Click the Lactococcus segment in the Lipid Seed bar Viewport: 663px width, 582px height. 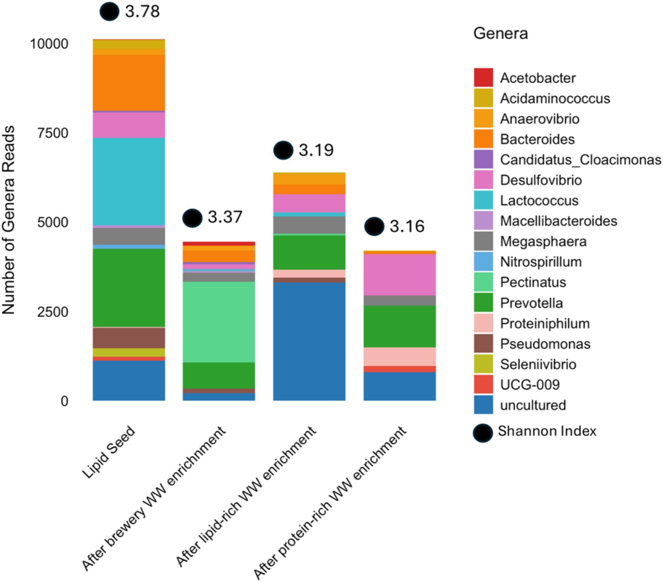click(129, 182)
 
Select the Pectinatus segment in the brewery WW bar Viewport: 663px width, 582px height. click(219, 322)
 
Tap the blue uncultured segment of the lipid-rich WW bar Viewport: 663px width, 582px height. click(309, 342)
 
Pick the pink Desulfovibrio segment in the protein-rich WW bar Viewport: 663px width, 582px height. click(400, 275)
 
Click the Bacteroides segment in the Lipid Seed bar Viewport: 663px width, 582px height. click(129, 83)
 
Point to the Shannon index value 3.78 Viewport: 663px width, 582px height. click(142, 11)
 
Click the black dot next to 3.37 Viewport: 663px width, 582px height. click(192, 218)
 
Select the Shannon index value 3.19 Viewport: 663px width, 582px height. click(316, 150)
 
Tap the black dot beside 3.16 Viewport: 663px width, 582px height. click(374, 226)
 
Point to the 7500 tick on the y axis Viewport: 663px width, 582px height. click(53, 133)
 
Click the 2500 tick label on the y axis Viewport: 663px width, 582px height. click(53, 312)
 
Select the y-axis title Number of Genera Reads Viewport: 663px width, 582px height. click(8, 220)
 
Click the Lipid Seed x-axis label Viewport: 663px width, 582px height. click(109, 452)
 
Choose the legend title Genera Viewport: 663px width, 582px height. click(501, 33)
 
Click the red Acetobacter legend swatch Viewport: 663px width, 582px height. click(483, 78)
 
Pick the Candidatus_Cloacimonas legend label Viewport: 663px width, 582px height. click(581, 160)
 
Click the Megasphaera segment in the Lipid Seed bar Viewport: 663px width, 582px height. click(129, 236)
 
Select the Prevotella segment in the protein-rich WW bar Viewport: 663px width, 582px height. click(400, 327)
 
